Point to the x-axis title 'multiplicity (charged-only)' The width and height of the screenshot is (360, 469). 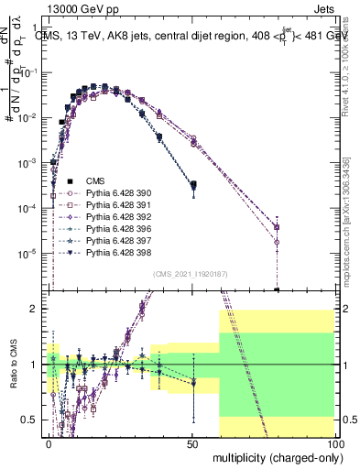[275, 456]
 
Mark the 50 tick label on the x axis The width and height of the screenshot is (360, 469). [193, 442]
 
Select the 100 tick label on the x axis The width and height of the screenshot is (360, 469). [335, 442]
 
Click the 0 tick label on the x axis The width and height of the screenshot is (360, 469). [49, 442]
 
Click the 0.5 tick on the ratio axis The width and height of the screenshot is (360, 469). [33, 420]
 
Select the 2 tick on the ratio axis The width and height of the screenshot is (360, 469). [38, 309]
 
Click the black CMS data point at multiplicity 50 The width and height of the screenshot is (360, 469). [193, 186]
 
